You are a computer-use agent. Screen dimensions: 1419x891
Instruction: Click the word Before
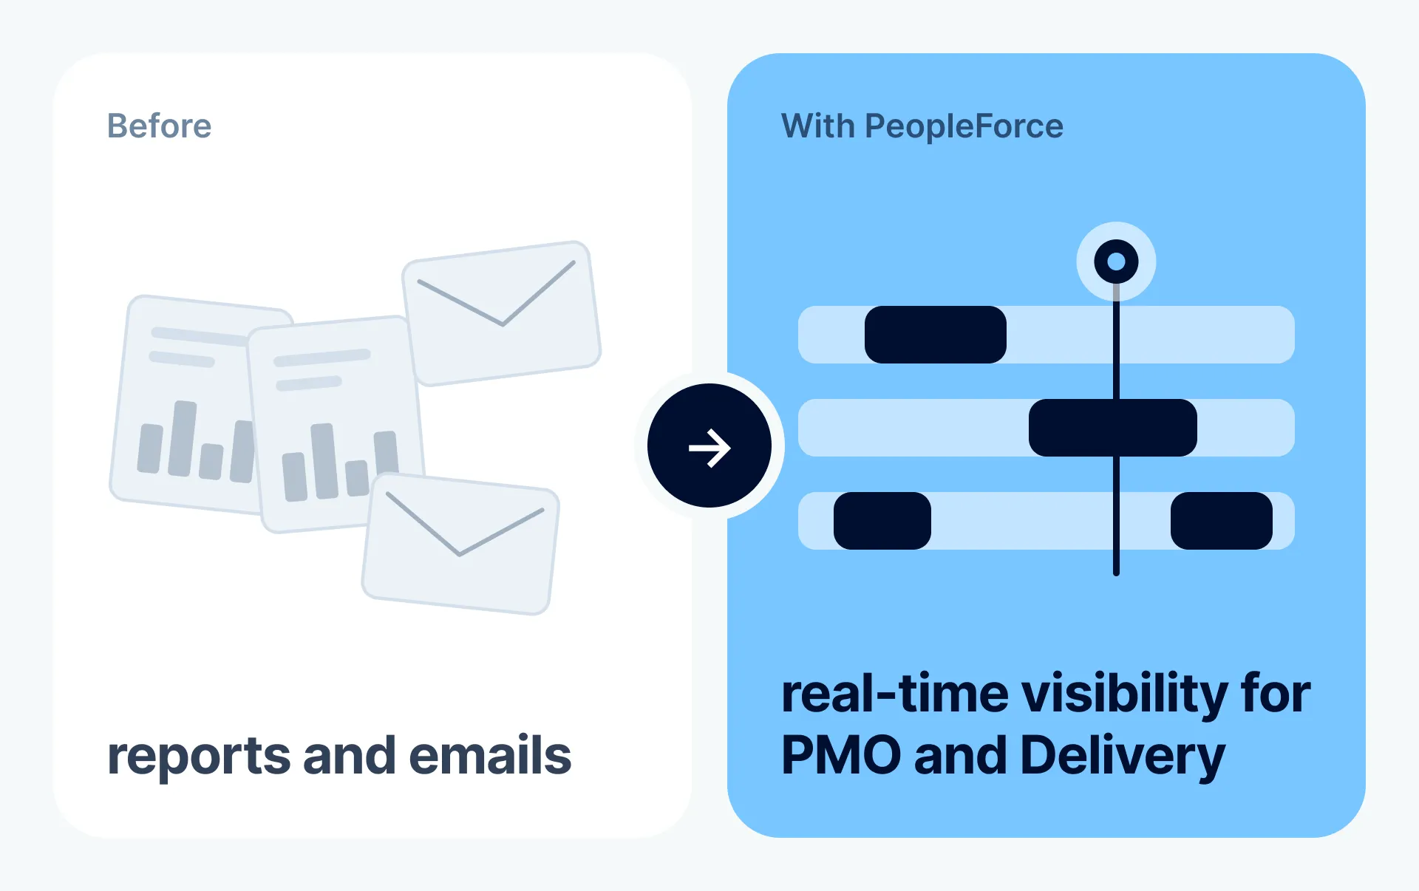pyautogui.click(x=160, y=126)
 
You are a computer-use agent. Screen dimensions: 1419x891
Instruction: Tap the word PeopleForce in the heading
pyautogui.click(x=964, y=126)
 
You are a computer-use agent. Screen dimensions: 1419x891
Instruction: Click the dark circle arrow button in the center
pyautogui.click(x=709, y=445)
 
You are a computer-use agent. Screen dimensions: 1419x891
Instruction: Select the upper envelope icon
pyautogui.click(x=501, y=313)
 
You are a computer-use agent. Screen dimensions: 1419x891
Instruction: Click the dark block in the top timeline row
pyautogui.click(x=936, y=335)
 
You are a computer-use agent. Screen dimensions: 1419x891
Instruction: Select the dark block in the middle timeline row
pyautogui.click(x=1113, y=428)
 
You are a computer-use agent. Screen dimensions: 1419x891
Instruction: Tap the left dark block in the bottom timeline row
pyautogui.click(x=882, y=521)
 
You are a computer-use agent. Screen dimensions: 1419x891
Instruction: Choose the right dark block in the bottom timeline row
pyautogui.click(x=1222, y=521)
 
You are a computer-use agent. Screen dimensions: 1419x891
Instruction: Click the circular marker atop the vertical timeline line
pyautogui.click(x=1116, y=262)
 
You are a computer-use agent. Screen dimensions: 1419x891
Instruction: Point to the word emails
pyautogui.click(x=490, y=756)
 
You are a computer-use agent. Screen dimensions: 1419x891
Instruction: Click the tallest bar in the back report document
pyautogui.click(x=183, y=438)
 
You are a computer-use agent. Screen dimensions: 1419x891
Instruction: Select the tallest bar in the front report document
pyautogui.click(x=324, y=461)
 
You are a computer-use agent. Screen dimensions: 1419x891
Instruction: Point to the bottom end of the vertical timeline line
pyautogui.click(x=1116, y=573)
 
